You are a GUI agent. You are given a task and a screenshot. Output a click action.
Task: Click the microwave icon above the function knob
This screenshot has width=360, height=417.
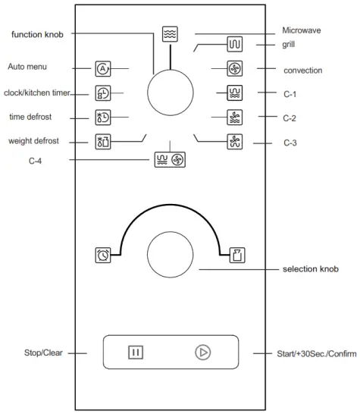coord(169,35)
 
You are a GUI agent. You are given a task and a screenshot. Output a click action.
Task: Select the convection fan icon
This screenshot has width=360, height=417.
coord(235,69)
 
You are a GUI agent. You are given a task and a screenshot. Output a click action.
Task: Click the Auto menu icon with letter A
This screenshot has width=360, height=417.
coord(103,69)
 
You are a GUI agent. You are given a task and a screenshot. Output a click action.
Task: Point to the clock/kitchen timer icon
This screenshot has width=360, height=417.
coord(103,93)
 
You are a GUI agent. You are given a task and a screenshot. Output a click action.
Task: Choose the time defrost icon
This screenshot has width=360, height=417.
coord(103,118)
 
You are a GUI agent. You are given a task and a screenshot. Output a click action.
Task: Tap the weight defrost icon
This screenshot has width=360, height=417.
coord(103,141)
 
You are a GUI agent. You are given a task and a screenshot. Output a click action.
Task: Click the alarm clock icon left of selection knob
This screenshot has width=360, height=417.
coord(103,255)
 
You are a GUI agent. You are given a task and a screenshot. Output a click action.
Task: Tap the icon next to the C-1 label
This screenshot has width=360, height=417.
coord(235,93)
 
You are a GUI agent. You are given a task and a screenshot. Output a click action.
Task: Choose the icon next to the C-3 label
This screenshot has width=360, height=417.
coord(235,141)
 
